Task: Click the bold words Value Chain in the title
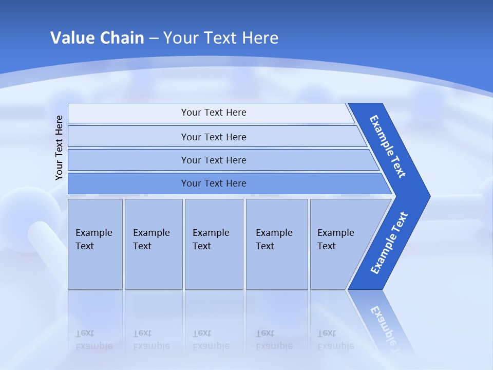[x=97, y=38]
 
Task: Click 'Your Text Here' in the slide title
[x=221, y=38]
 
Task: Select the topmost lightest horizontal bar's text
[x=214, y=113]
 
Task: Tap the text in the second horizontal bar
[x=214, y=137]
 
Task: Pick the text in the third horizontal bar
[x=214, y=160]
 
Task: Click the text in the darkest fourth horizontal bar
[x=214, y=183]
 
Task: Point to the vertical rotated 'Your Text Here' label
[x=59, y=147]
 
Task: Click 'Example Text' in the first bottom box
[x=93, y=239]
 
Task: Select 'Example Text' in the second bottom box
[x=151, y=239]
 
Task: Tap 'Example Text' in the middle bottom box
[x=211, y=239]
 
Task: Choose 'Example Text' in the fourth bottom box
[x=274, y=239]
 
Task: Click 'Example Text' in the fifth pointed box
[x=335, y=239]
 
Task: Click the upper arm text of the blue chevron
[x=388, y=146]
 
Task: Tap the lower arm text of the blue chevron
[x=389, y=243]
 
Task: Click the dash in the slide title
[x=154, y=38]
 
